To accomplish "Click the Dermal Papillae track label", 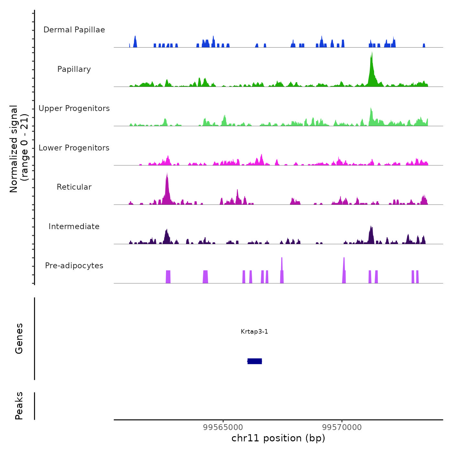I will click(74, 30).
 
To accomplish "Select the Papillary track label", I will click(74, 69).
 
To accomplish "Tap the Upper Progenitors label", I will click(74, 108).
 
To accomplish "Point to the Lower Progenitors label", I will click(74, 148).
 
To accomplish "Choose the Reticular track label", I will click(74, 187).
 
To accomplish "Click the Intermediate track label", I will click(74, 226).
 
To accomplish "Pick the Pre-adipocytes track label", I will click(74, 266).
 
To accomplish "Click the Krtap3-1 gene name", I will click(254, 332).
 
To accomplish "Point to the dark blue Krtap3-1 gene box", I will click(255, 361).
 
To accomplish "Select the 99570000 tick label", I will click(342, 427).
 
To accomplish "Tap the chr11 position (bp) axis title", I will click(278, 438).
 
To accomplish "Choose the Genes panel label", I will click(19, 338).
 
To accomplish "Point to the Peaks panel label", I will click(19, 406).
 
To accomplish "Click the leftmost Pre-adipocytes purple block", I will click(168, 277).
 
